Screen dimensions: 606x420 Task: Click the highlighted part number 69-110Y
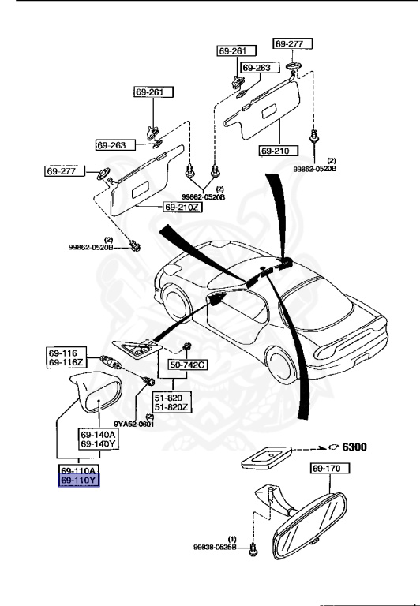(78, 481)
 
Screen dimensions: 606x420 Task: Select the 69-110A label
(78, 471)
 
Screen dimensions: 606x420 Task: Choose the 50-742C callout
(186, 365)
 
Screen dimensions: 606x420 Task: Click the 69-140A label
(97, 434)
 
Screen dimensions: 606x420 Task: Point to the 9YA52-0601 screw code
(135, 424)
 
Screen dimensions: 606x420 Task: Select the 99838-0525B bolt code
(215, 546)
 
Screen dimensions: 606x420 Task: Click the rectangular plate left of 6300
(268, 455)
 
